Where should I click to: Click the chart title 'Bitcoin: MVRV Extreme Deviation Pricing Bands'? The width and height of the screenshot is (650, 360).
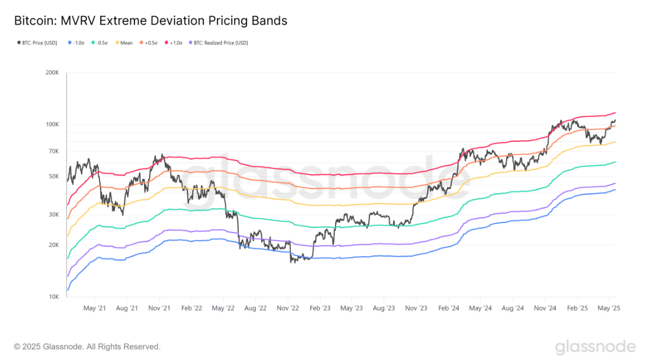coord(151,21)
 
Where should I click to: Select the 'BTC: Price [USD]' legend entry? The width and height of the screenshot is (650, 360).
coord(37,43)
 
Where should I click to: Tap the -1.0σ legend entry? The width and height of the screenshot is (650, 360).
coord(76,43)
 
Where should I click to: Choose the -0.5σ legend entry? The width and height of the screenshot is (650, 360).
coord(99,43)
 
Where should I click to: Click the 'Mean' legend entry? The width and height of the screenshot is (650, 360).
coord(124,43)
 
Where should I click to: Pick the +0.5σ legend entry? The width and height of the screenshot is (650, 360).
coord(149,43)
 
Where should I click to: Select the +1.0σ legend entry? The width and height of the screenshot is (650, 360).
coord(173,43)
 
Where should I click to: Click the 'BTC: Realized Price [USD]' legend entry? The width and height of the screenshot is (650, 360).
coord(218,43)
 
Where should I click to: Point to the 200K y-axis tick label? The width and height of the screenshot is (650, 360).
coord(52,73)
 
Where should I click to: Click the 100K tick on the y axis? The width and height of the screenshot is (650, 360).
coord(52,124)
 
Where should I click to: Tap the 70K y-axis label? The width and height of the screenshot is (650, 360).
coord(54,151)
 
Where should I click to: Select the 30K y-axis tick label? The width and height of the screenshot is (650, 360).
coord(54,215)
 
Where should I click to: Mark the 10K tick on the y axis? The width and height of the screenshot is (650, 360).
coord(54,297)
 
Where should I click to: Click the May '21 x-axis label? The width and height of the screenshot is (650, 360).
coord(94,308)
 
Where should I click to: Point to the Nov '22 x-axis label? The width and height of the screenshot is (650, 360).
coord(288,308)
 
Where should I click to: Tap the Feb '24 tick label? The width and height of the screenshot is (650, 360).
coord(449,308)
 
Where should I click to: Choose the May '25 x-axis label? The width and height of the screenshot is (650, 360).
coord(608,308)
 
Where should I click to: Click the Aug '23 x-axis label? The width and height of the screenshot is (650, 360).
coord(384,308)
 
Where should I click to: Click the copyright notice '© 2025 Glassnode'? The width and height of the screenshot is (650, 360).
coord(49,347)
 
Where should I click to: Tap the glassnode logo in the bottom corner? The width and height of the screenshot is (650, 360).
coord(595,347)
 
